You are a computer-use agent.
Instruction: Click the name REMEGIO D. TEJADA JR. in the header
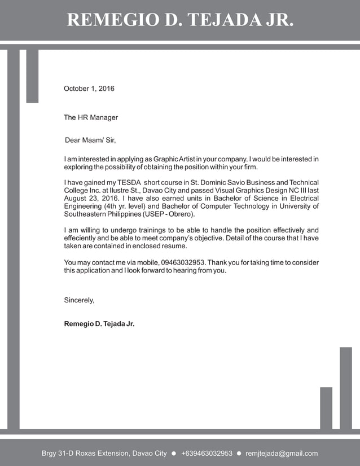pyautogui.click(x=180, y=20)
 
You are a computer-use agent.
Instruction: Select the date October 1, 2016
pyautogui.click(x=89, y=89)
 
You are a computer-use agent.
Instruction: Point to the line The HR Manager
pyautogui.click(x=91, y=117)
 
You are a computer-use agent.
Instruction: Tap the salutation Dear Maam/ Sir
pyautogui.click(x=90, y=140)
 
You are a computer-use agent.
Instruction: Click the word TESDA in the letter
pyautogui.click(x=129, y=182)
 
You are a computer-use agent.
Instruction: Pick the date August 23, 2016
pyautogui.click(x=90, y=199)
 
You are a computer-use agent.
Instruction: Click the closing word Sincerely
pyautogui.click(x=79, y=300)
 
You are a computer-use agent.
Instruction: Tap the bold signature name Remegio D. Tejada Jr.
pyautogui.click(x=99, y=324)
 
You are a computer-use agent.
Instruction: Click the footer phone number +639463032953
pyautogui.click(x=207, y=453)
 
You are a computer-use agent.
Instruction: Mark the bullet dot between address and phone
pyautogui.click(x=174, y=453)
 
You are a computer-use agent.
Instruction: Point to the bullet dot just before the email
pyautogui.click(x=239, y=453)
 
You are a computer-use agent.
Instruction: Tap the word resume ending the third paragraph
pyautogui.click(x=174, y=246)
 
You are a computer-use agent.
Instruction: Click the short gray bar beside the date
pyautogui.click(x=32, y=76)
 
